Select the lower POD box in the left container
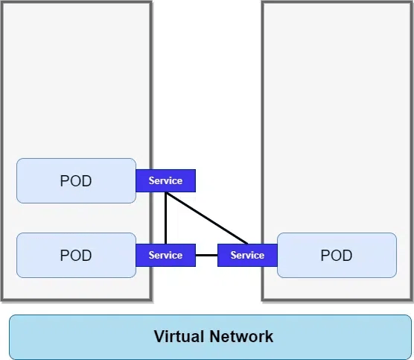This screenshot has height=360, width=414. pos(45,255)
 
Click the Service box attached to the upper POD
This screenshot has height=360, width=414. pos(165,180)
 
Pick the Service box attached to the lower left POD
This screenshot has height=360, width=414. pos(165,255)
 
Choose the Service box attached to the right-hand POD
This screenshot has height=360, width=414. pos(247,255)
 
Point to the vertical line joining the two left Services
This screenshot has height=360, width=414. pos(165,218)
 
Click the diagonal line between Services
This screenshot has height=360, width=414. pos(207,218)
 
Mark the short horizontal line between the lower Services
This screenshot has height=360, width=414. pos(206,255)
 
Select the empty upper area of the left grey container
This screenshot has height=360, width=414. pos(76,75)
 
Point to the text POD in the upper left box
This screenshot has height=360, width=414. pos(76,181)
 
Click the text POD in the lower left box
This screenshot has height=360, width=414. pos(76,256)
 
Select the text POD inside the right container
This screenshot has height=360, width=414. pos(337,256)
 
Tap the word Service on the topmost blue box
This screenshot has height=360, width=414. pos(165,180)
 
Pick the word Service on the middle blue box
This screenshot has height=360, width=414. pos(165,255)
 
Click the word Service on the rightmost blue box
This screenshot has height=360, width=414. pos(247,255)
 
